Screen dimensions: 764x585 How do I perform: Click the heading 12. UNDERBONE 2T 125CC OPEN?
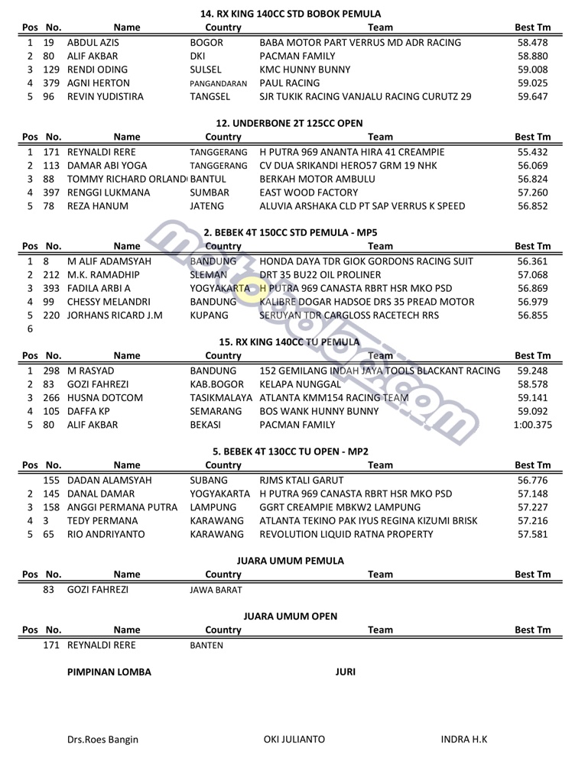click(290, 124)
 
